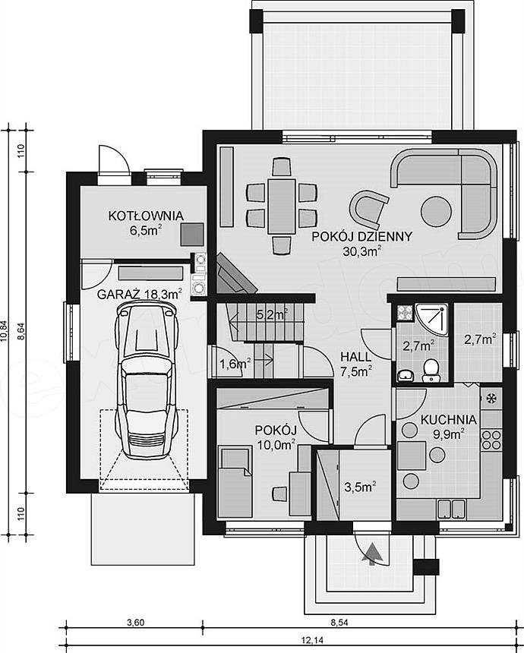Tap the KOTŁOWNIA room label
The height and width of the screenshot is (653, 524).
coord(146,216)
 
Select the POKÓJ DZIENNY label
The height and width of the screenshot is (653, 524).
coord(362,237)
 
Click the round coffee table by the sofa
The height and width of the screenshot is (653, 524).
coord(436,211)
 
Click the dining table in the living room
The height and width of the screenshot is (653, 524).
coord(282,206)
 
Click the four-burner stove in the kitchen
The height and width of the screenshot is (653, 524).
coord(491,440)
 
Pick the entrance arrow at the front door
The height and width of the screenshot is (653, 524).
coord(372,553)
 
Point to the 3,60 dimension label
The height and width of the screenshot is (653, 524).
coord(135,623)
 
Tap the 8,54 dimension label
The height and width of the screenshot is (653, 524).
coord(339,623)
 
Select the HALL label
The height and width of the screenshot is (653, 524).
coord(355,357)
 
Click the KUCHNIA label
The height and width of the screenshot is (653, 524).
coord(448,419)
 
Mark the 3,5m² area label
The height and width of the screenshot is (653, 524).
coord(361,487)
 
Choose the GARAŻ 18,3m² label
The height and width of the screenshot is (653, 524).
coord(139,294)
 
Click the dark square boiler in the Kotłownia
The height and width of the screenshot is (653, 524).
coord(192,234)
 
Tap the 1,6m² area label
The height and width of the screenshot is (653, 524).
coord(235,364)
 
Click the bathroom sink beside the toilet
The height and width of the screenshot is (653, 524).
coord(405,376)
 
